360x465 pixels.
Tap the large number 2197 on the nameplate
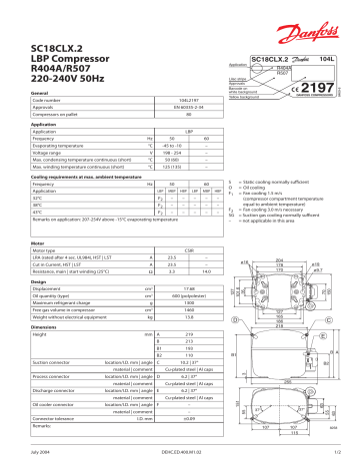[x=314, y=91]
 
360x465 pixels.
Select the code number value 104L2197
[x=157, y=129]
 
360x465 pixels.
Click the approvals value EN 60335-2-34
[x=157, y=137]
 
